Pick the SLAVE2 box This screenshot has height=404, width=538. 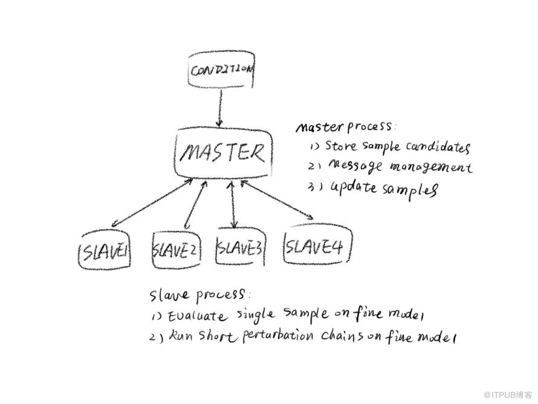click(175, 248)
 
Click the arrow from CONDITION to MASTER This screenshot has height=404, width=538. click(221, 109)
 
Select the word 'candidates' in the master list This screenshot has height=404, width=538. click(438, 147)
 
